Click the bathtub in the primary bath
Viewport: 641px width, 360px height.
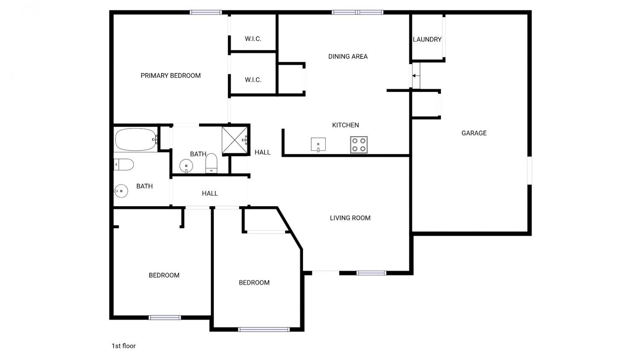135,140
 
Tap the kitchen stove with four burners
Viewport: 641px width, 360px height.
359,145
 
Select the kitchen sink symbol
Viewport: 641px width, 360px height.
318,144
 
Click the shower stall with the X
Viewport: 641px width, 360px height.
235,140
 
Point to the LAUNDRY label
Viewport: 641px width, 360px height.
427,39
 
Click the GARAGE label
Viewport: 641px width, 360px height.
474,133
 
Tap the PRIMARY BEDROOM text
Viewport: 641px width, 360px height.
171,76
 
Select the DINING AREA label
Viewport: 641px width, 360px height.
348,57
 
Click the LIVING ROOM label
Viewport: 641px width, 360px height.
350,218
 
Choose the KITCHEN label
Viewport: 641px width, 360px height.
345,125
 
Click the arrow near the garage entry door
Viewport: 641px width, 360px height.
416,76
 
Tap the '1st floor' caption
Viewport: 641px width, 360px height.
123,346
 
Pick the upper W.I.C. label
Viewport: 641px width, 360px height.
253,39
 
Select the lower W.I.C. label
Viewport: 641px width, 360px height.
253,80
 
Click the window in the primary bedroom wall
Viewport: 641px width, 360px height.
206,12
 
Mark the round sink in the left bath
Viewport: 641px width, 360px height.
121,191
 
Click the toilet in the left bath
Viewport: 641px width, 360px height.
123,164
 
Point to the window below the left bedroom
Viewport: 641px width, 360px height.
165,317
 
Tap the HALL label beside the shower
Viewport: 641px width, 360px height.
262,152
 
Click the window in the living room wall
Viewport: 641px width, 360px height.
371,273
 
